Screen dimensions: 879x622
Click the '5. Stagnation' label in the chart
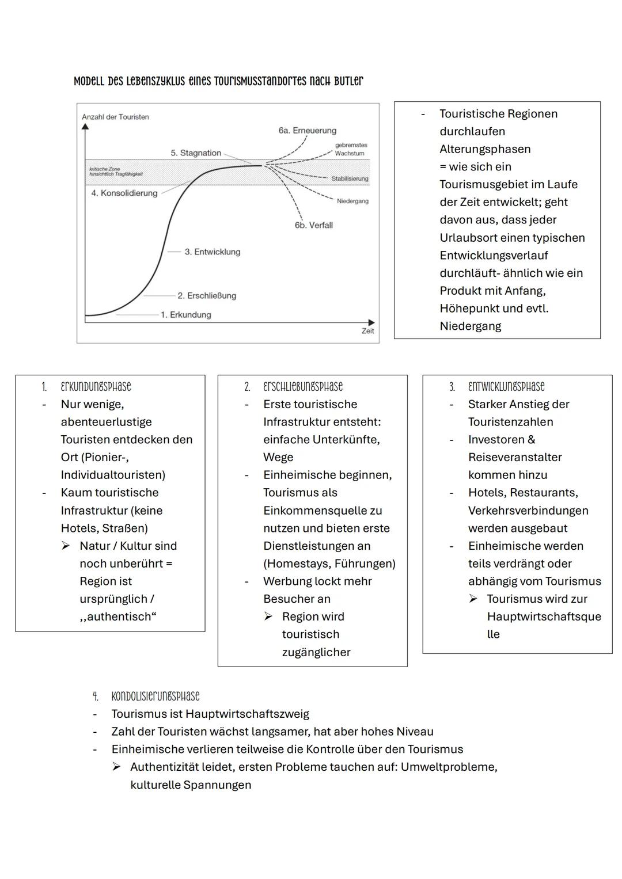click(196, 153)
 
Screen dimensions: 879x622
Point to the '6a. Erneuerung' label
click(307, 131)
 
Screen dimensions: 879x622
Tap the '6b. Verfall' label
click(313, 225)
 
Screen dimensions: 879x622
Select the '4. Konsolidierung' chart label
click(124, 193)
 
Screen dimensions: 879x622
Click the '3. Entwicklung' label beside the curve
click(212, 252)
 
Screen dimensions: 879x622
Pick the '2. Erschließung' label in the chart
click(207, 296)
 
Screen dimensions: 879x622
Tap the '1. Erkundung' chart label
click(185, 315)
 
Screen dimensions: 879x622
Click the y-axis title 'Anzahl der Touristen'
click(115, 117)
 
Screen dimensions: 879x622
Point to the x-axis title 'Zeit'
click(367, 331)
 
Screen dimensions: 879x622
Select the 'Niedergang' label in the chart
click(352, 201)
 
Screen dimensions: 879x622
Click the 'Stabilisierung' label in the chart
click(350, 178)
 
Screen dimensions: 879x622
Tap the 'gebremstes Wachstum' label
click(350, 149)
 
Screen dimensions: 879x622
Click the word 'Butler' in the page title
click(348, 81)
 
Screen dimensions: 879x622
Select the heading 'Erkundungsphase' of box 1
click(96, 387)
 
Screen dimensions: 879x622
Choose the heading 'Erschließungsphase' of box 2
click(302, 387)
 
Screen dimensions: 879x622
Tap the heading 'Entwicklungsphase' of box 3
click(506, 387)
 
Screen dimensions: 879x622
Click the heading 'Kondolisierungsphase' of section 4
click(155, 697)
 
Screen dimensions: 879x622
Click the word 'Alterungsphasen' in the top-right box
click(484, 149)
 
